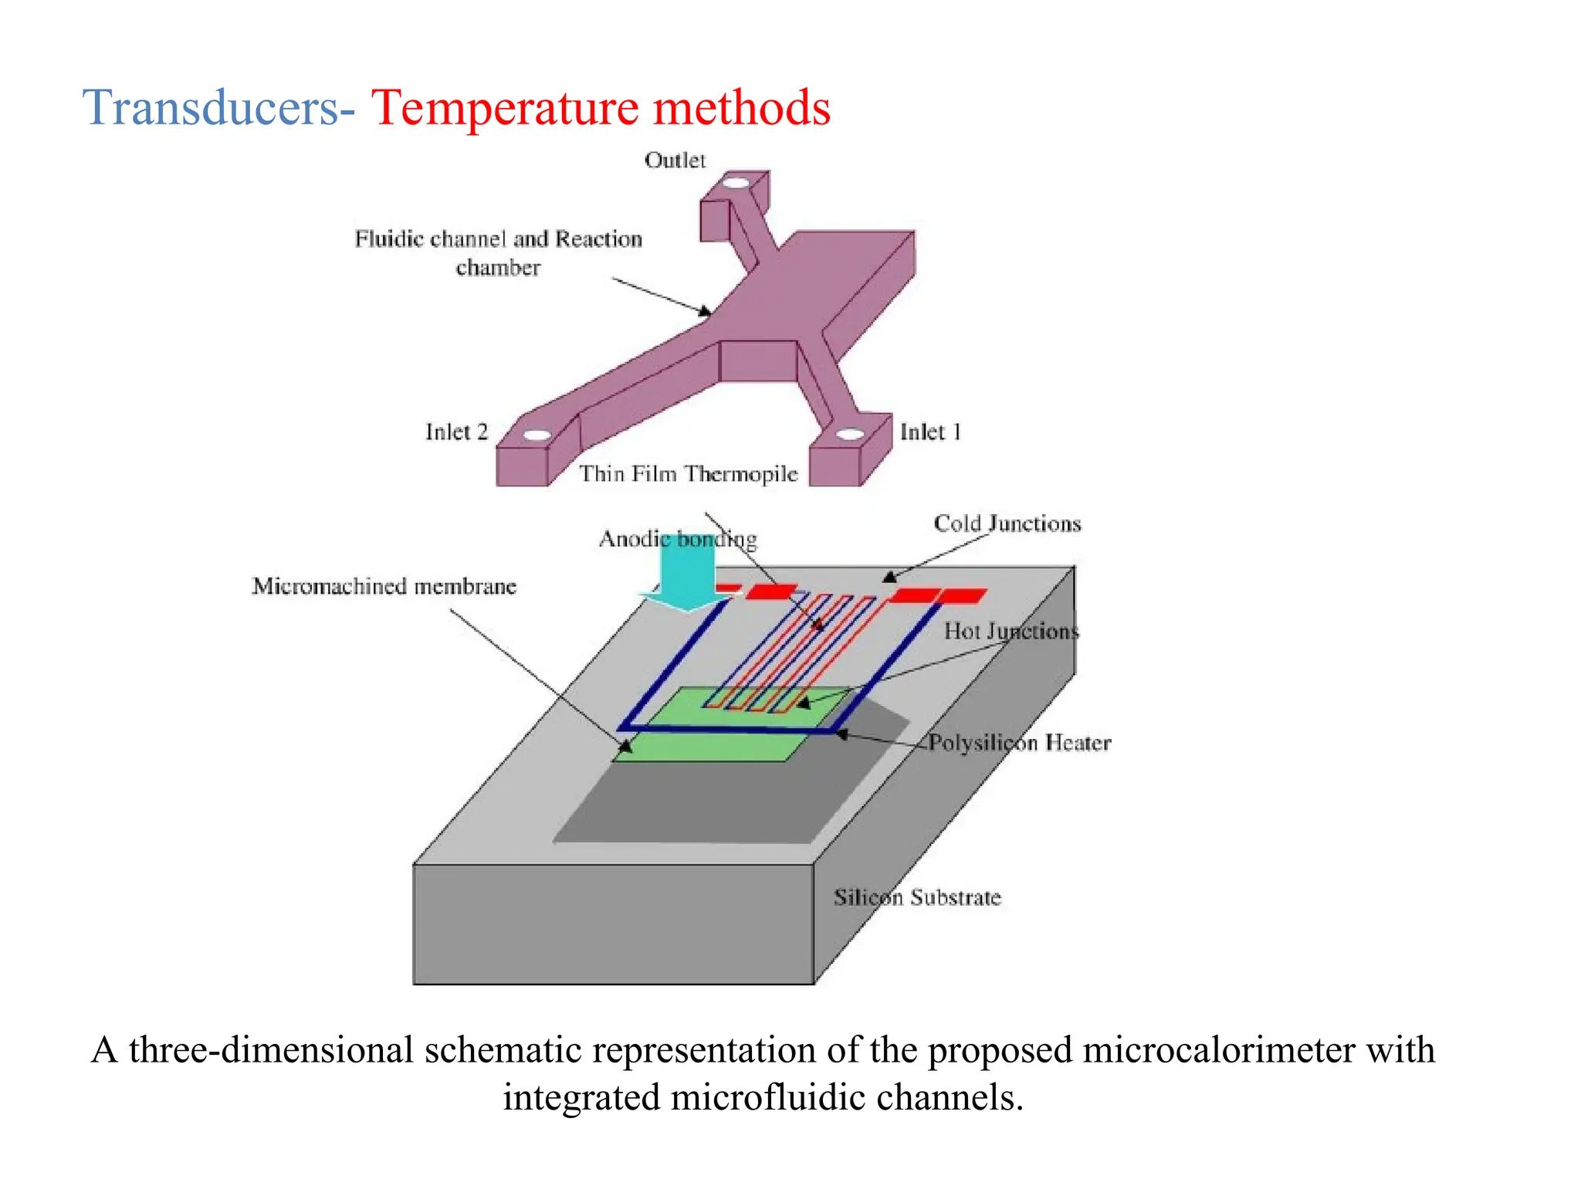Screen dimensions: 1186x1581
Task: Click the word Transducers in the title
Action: (210, 107)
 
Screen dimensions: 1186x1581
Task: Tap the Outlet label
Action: (675, 160)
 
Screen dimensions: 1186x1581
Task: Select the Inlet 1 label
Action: (930, 432)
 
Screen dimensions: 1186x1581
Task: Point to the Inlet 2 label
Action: (456, 432)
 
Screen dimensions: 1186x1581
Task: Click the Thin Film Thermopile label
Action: (688, 473)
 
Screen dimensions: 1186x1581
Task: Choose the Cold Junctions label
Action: (1007, 524)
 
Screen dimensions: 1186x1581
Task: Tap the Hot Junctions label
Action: (1011, 631)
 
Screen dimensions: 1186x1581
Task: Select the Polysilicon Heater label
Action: (1019, 743)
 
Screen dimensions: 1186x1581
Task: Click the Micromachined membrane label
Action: (384, 586)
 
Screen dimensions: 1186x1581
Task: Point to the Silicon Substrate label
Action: (917, 897)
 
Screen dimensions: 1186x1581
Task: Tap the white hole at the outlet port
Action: (736, 184)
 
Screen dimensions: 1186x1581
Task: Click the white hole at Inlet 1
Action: (850, 434)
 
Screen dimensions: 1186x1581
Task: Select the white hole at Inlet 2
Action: (537, 435)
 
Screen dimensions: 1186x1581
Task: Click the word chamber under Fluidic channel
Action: (498, 268)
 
